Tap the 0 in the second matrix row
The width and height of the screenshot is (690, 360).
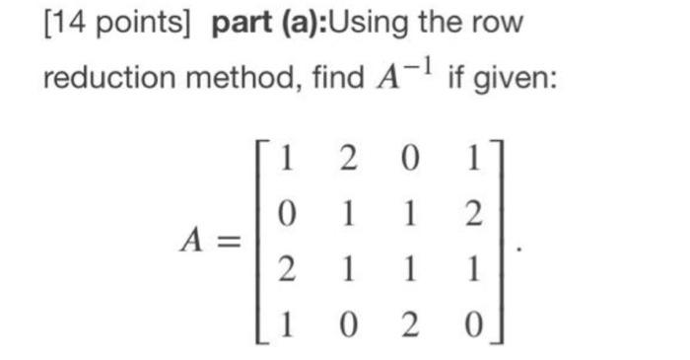click(x=284, y=215)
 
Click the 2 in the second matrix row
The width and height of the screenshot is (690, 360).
click(x=470, y=215)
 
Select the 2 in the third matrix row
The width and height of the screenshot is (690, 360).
click(x=284, y=268)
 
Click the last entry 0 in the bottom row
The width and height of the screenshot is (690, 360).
click(x=470, y=322)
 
